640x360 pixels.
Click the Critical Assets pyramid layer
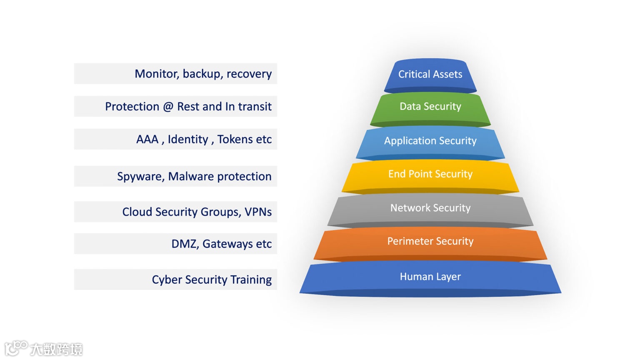[430, 75]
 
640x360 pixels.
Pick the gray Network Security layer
[430, 208]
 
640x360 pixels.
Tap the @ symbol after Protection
[168, 107]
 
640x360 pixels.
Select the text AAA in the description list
[147, 139]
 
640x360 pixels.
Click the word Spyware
[140, 177]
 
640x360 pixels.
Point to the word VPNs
[258, 212]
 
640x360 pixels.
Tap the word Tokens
[235, 139]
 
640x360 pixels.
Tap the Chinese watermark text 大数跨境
[56, 349]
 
